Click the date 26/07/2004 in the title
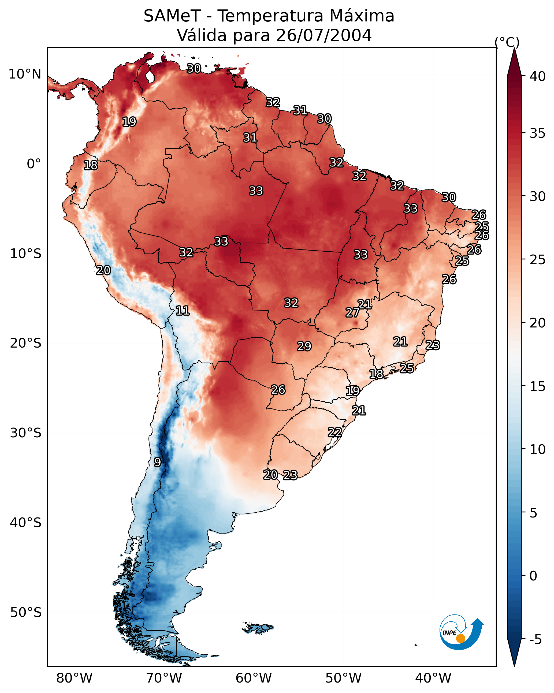[324, 35]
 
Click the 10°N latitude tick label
[25, 74]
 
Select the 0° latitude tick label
[34, 164]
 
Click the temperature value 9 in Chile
[157, 462]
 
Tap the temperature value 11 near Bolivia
[182, 311]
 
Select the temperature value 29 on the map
[304, 346]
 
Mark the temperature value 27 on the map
[352, 312]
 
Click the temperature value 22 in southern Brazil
[335, 432]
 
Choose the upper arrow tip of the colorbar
[514, 50]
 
